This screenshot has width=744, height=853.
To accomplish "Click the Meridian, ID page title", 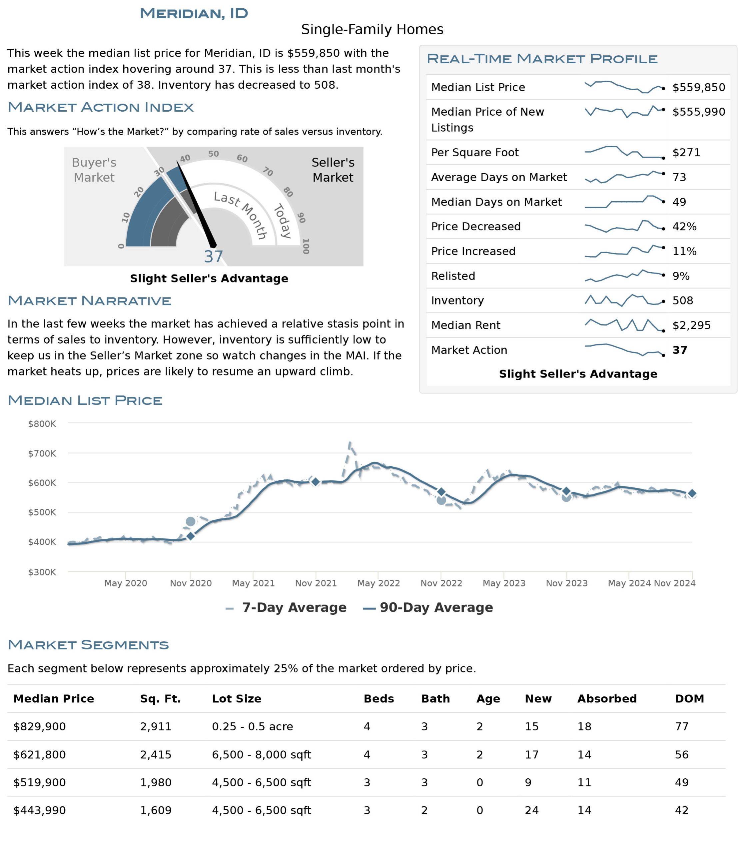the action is point(194,13).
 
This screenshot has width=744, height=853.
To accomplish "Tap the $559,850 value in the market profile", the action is point(699,87).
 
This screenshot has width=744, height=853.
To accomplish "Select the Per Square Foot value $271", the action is point(686,152).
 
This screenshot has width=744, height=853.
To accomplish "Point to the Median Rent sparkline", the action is point(624,325).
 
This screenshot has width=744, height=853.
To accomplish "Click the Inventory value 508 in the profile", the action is point(683,300).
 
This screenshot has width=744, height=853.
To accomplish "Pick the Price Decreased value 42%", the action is point(684,226).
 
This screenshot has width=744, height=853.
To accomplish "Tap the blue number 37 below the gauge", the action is point(213,257).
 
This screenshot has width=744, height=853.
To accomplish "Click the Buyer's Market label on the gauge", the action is point(94,170).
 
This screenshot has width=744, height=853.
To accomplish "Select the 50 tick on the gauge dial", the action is point(213,154).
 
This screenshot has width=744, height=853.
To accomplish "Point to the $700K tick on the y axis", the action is point(42,453).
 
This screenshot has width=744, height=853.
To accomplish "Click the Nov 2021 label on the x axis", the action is point(316,583).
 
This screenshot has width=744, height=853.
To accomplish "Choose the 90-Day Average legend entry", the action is point(428,607).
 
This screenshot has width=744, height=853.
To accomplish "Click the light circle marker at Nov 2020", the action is point(191,521).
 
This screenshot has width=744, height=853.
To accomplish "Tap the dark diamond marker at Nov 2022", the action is point(441,492).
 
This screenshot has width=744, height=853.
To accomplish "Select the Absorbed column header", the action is point(607,698).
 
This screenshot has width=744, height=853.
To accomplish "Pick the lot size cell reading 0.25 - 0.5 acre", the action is point(253,726).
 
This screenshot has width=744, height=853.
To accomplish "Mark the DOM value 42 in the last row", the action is point(682,810).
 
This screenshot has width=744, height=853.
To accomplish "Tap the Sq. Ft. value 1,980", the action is point(156,782).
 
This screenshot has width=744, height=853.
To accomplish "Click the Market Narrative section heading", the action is point(89,301).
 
